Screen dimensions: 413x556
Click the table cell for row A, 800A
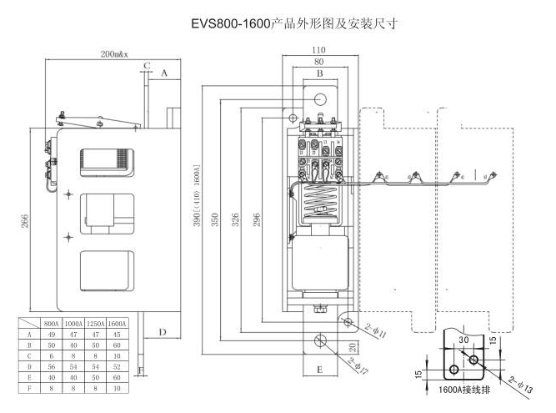coord(52,333)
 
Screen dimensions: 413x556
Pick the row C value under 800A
coord(52,355)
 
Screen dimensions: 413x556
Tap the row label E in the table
coord(29,376)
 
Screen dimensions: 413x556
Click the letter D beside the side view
coord(163,332)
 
